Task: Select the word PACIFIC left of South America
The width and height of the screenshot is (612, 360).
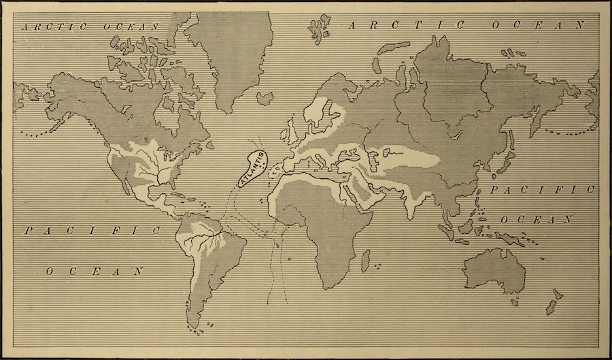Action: tap(92, 231)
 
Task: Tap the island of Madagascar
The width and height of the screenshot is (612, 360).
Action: tap(365, 261)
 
